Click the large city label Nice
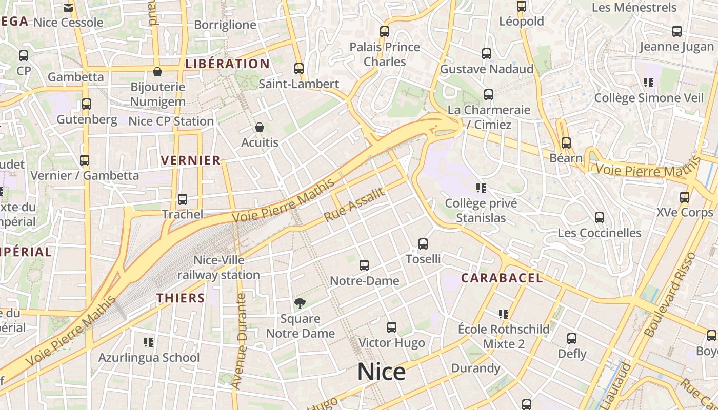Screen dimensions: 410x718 [381, 372]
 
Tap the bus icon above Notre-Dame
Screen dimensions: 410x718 [364, 265]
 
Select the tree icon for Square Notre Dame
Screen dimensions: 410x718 [300, 303]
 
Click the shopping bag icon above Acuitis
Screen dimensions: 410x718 [260, 127]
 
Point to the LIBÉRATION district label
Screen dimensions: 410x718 [227, 64]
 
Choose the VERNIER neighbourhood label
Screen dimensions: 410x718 [190, 160]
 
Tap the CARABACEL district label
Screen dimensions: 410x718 [502, 278]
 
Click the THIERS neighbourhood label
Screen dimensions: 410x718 [181, 298]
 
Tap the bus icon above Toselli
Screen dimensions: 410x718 [423, 244]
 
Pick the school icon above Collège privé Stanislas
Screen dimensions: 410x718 [481, 188]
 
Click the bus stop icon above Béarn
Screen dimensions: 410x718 [566, 143]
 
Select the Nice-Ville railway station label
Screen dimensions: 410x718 [218, 268]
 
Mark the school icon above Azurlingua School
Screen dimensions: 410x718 [149, 342]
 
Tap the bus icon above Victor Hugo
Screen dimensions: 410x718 [392, 327]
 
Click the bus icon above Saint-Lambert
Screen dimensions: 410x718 [299, 68]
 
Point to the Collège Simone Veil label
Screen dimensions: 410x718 [649, 97]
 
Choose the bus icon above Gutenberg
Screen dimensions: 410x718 [87, 104]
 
